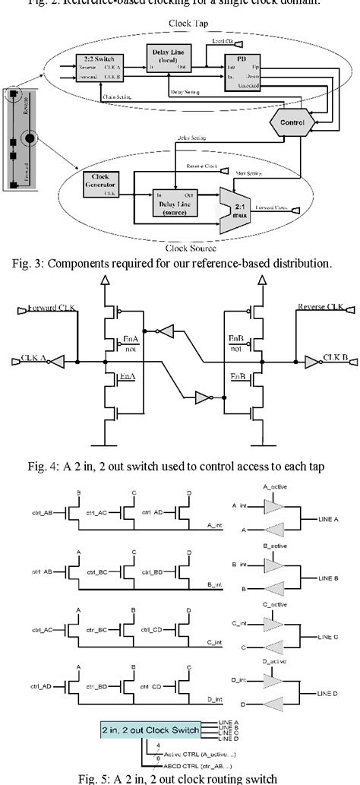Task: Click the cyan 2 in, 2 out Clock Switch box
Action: (150, 730)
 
